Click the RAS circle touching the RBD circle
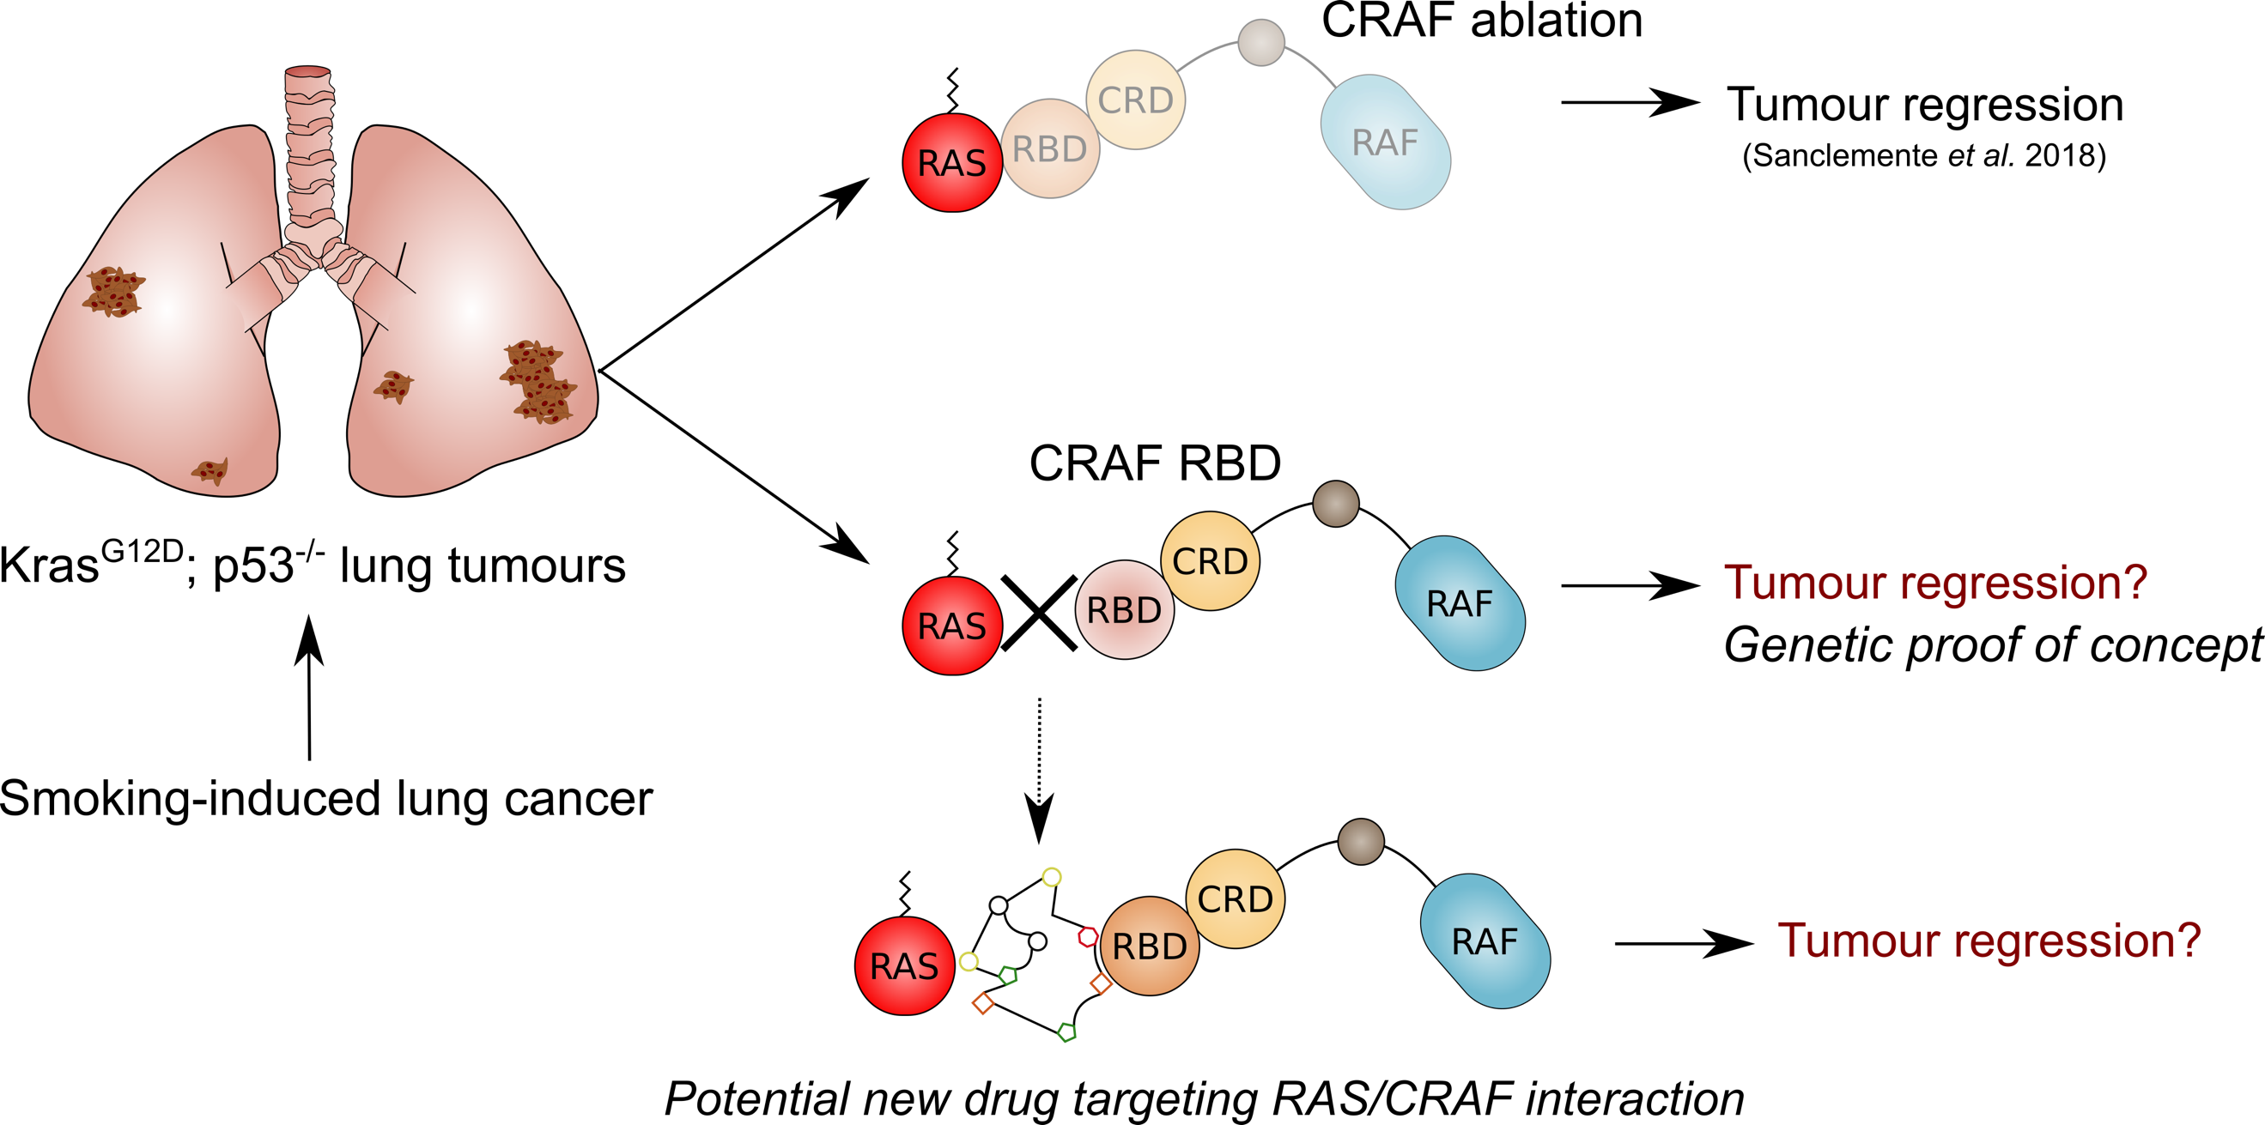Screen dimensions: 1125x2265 (x=952, y=162)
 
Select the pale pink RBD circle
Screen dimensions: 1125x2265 (x=1124, y=609)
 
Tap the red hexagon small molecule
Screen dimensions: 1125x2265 (x=1088, y=937)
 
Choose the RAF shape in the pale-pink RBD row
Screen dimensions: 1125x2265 (x=1460, y=603)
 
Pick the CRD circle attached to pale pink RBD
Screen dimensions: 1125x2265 (x=1210, y=560)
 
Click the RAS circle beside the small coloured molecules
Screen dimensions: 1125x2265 (x=904, y=966)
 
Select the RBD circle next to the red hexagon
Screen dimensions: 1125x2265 (x=1149, y=946)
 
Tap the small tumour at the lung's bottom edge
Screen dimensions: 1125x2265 (x=211, y=471)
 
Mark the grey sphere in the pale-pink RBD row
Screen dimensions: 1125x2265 (x=1336, y=504)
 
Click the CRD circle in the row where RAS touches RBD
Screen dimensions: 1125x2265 (x=1135, y=100)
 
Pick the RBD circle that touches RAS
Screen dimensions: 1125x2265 (x=1049, y=148)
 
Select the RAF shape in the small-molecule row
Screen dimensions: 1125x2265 (x=1485, y=941)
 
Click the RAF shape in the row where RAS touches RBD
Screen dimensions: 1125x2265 (x=1385, y=142)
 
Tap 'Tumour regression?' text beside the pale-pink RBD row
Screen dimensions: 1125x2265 (x=1935, y=583)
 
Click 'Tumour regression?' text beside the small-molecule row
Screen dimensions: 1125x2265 (x=1989, y=941)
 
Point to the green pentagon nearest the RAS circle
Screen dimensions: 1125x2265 (x=1009, y=975)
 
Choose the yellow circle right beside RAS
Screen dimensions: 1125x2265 (x=968, y=961)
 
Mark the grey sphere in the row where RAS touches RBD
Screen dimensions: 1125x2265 (x=1261, y=42)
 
